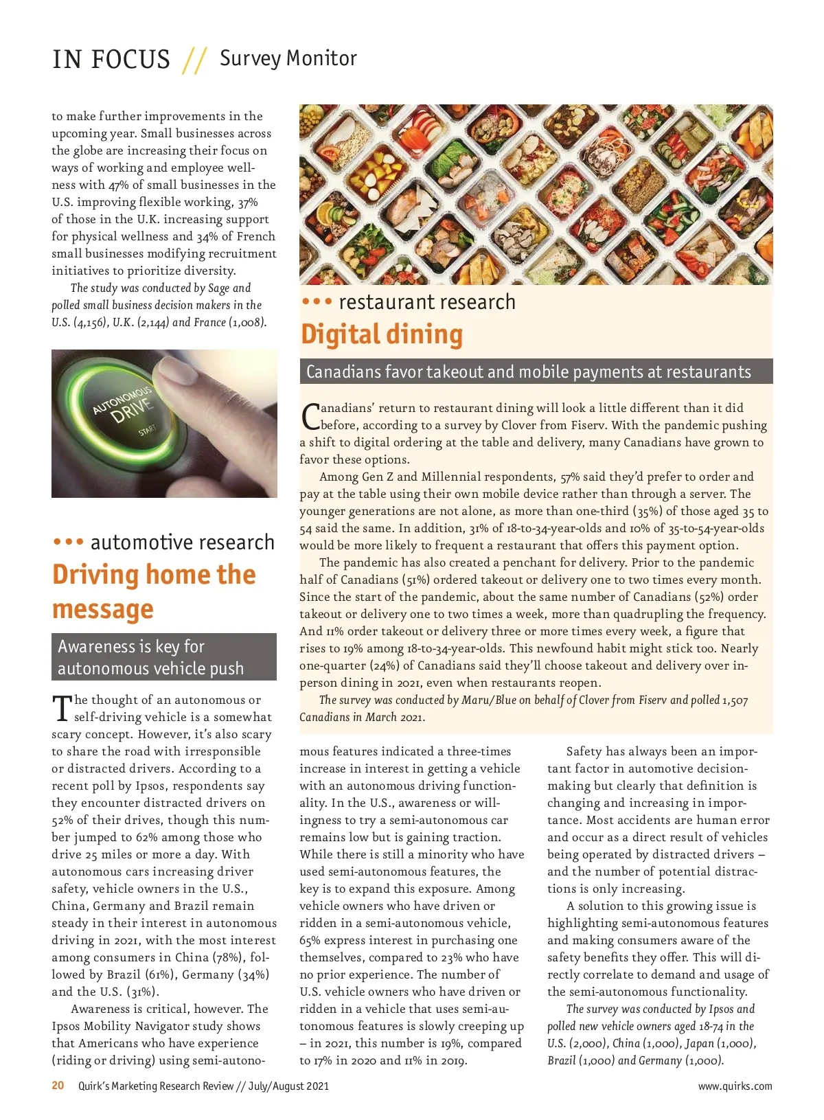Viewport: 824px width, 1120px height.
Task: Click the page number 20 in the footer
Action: pos(58,1086)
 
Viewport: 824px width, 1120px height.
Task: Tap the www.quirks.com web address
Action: pos(735,1086)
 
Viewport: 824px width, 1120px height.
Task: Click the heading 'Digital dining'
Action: pos(382,334)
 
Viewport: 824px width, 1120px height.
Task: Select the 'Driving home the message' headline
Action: pos(154,591)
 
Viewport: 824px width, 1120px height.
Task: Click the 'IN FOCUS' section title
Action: pos(111,60)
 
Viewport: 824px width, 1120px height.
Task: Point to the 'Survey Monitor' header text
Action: pos(288,58)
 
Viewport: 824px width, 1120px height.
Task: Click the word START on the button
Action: pos(147,431)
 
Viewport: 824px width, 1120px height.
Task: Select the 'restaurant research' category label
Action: pos(426,302)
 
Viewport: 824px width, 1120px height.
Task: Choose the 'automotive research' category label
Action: pos(182,542)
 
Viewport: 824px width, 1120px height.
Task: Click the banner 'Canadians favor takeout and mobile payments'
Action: pos(529,372)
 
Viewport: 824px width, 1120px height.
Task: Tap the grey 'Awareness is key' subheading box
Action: pos(164,657)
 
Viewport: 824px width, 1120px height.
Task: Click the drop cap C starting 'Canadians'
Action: pos(310,415)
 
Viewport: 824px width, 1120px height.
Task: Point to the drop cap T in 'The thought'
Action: pos(62,708)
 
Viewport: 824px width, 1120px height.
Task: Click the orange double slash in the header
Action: pos(194,60)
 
